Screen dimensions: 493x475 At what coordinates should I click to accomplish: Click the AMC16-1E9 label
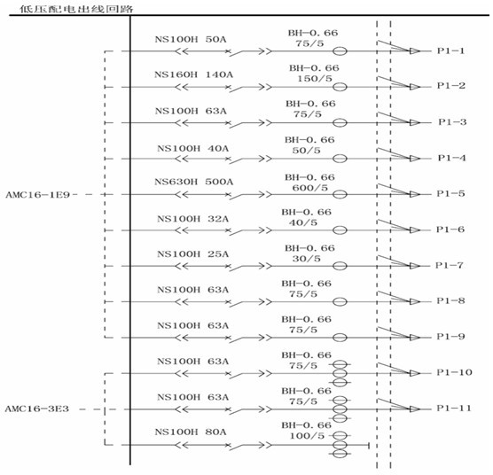pyautogui.click(x=38, y=195)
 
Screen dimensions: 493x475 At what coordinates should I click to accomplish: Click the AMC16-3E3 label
pyautogui.click(x=36, y=409)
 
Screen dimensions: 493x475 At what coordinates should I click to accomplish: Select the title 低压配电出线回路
pyautogui.click(x=76, y=9)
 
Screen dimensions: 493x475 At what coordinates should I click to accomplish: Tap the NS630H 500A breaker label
pyautogui.click(x=193, y=182)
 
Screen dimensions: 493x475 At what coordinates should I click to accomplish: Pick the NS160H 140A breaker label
pyautogui.click(x=193, y=74)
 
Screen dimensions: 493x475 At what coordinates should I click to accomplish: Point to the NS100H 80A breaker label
pyautogui.click(x=191, y=432)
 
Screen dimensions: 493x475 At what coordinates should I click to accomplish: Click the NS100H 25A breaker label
pyautogui.click(x=192, y=253)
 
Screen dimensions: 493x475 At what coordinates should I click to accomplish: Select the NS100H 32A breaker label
pyautogui.click(x=192, y=219)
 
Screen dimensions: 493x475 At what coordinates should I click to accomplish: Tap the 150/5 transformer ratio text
pyautogui.click(x=315, y=79)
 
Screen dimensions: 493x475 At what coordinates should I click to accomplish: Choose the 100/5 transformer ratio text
pyautogui.click(x=307, y=436)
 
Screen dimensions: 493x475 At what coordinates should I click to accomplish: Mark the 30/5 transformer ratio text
pyautogui.click(x=306, y=259)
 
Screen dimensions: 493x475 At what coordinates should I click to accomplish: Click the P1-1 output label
pyautogui.click(x=450, y=51)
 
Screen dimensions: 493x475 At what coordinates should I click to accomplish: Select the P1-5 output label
pyautogui.click(x=450, y=193)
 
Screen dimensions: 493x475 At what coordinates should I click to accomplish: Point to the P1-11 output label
pyautogui.click(x=454, y=408)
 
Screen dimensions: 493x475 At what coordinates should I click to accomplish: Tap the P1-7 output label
pyautogui.click(x=450, y=266)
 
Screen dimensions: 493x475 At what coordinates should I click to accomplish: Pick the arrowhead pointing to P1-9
pyautogui.click(x=415, y=338)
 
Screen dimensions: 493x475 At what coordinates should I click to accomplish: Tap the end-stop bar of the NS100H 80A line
pyautogui.click(x=369, y=445)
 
